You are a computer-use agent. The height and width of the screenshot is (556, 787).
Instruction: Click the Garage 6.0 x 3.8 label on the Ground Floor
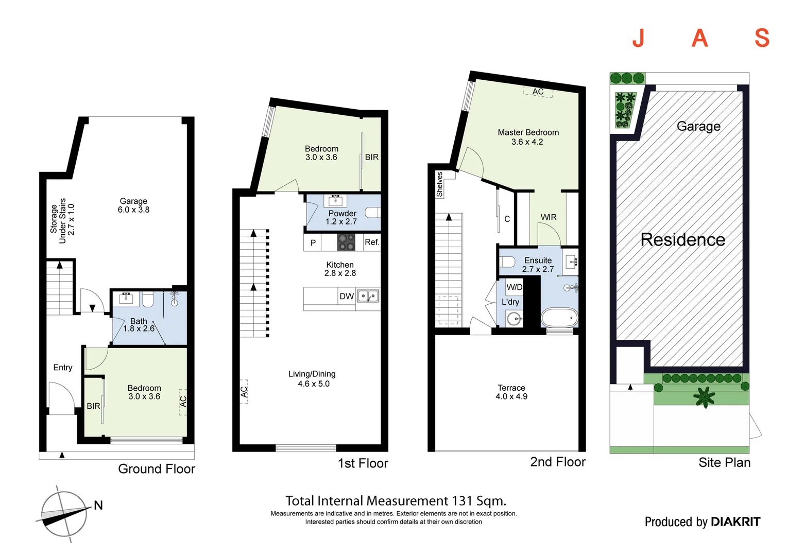[x=133, y=205]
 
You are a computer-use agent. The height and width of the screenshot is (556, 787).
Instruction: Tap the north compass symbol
[x=65, y=514]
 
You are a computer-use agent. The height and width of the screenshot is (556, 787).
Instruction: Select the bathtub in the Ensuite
[x=559, y=318]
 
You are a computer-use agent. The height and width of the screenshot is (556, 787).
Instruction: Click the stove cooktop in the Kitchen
[x=346, y=242]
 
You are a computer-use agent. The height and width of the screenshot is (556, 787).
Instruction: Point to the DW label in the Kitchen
[x=347, y=297]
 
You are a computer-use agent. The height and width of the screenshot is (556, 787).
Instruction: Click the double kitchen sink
[x=368, y=296]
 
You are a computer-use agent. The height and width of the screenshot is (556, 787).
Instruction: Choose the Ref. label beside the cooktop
[x=372, y=242]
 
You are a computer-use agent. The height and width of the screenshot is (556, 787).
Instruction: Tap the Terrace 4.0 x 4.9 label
[x=511, y=392]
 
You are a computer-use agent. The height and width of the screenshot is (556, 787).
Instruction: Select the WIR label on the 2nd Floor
[x=549, y=217]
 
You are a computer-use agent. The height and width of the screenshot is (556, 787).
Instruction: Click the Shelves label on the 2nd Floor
[x=439, y=184]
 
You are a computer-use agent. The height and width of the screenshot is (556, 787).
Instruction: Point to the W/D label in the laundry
[x=514, y=287]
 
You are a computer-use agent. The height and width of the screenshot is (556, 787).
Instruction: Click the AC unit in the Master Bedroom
[x=538, y=92]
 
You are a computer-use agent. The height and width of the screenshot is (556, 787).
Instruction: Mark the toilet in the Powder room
[x=372, y=212]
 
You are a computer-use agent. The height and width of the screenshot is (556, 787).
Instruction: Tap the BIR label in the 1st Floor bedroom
[x=372, y=157]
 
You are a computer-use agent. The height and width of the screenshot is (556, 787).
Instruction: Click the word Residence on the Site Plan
[x=682, y=239]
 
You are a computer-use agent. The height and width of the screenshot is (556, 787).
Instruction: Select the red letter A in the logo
[x=699, y=38]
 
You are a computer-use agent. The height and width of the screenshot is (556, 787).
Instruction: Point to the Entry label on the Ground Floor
[x=63, y=368]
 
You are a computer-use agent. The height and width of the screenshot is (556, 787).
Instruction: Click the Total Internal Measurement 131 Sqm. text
[x=396, y=501]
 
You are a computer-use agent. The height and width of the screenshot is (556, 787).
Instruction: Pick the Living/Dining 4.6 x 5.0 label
[x=312, y=379]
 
